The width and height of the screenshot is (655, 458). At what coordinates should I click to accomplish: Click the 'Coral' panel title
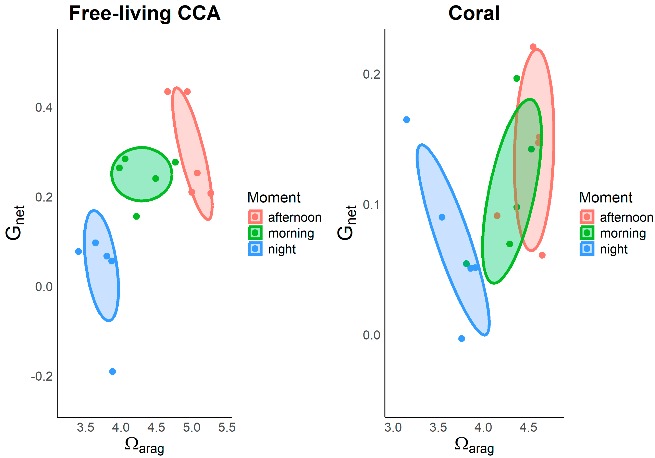[474, 13]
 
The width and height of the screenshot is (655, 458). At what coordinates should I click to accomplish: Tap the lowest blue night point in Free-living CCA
[112, 371]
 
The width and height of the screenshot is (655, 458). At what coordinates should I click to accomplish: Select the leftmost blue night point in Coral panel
[407, 120]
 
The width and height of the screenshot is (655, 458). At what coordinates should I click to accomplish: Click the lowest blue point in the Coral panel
[462, 339]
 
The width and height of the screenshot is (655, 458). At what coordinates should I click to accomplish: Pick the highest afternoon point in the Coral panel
[533, 47]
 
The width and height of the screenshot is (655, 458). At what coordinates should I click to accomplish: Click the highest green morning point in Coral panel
[517, 78]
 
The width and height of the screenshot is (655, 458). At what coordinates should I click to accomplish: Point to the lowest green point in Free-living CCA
[136, 216]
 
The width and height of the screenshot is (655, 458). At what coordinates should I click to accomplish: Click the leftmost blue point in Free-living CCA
[78, 251]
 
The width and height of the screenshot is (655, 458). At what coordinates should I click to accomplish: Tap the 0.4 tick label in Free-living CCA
[44, 107]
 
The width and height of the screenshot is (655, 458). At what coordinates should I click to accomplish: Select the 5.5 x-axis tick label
[227, 427]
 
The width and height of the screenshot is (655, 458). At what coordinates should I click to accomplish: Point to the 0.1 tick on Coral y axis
[371, 205]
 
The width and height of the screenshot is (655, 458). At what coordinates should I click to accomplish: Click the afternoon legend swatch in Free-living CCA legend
[255, 217]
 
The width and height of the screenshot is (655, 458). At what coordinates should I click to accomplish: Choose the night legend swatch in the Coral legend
[587, 249]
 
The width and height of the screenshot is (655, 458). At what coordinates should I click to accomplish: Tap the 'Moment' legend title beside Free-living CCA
[274, 197]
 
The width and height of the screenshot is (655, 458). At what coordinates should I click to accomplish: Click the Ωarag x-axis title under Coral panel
[474, 445]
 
